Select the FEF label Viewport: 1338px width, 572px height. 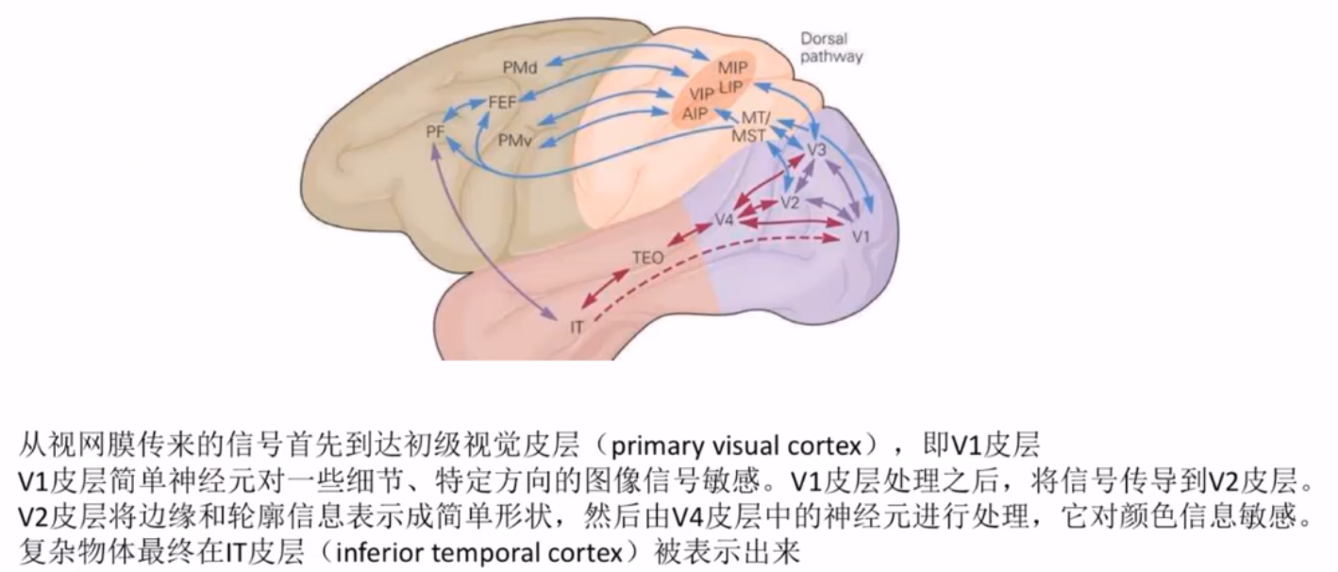coord(502,102)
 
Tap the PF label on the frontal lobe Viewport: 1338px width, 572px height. coord(435,131)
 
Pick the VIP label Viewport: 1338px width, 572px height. coord(701,95)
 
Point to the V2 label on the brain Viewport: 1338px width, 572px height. coord(790,203)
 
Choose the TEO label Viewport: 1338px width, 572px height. coord(648,256)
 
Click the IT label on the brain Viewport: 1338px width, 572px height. coord(579,327)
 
